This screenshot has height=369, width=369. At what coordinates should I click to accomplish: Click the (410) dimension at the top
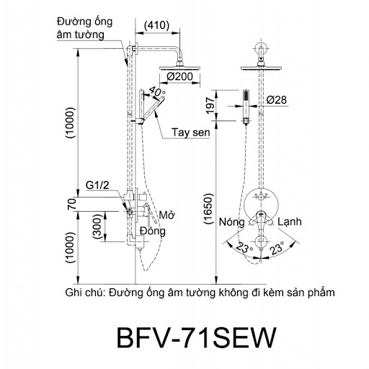pyautogui.click(x=156, y=25)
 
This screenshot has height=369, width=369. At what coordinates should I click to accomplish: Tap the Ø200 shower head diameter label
pyautogui.click(x=179, y=76)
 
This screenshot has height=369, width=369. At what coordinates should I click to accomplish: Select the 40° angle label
pyautogui.click(x=156, y=92)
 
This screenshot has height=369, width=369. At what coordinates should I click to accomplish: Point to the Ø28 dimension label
pyautogui.click(x=276, y=100)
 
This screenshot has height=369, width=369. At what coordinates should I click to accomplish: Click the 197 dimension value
pyautogui.click(x=210, y=105)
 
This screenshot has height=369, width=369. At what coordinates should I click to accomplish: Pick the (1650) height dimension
pyautogui.click(x=208, y=208)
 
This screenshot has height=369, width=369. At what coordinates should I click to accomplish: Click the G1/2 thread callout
pyautogui.click(x=97, y=185)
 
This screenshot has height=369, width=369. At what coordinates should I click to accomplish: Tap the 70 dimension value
pyautogui.click(x=71, y=205)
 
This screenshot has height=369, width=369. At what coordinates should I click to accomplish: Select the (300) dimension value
pyautogui.click(x=97, y=226)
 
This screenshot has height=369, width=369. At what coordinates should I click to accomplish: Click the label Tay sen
pyautogui.click(x=191, y=133)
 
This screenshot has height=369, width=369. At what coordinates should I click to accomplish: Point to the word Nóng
pyautogui.click(x=231, y=222)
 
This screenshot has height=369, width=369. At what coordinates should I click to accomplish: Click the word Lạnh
pyautogui.click(x=290, y=221)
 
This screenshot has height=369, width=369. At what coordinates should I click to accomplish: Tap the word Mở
pyautogui.click(x=166, y=215)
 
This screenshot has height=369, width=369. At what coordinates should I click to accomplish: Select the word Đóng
pyautogui.click(x=153, y=231)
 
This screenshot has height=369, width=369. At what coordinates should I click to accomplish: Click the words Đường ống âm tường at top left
pyautogui.click(x=84, y=28)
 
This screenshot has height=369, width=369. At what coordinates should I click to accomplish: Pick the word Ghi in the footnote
pyautogui.click(x=73, y=293)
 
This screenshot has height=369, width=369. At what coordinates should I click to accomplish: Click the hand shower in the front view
pyautogui.click(x=246, y=107)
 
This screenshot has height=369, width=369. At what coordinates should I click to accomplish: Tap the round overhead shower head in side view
pyautogui.click(x=179, y=68)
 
